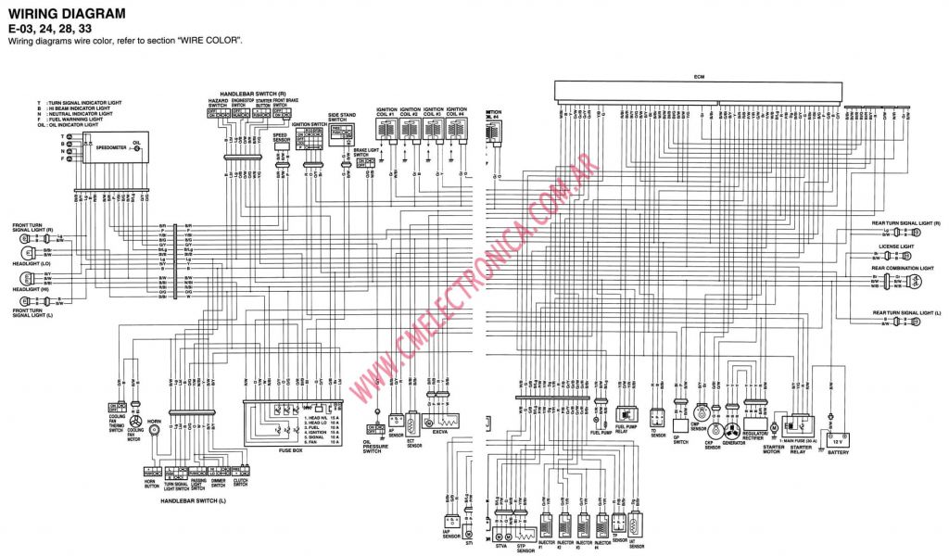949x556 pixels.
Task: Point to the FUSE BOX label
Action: (291, 451)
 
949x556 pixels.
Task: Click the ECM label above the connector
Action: (699, 76)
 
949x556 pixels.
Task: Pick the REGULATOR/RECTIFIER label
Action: (754, 435)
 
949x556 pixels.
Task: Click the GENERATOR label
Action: (732, 444)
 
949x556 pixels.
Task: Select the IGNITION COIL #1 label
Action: (386, 111)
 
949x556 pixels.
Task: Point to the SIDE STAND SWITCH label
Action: (338, 118)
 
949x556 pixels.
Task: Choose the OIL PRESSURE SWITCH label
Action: (373, 447)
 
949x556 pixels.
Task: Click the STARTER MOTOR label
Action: (774, 449)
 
